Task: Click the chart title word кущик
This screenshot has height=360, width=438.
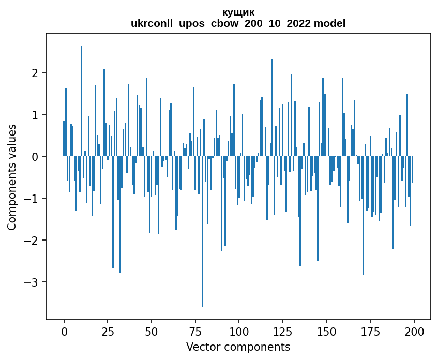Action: coord(238,12)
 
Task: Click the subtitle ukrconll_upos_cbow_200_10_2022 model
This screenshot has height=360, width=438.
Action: coord(238,23)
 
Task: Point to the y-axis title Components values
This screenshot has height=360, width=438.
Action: coord(11,177)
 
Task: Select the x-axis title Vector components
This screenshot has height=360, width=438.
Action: coord(238,347)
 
